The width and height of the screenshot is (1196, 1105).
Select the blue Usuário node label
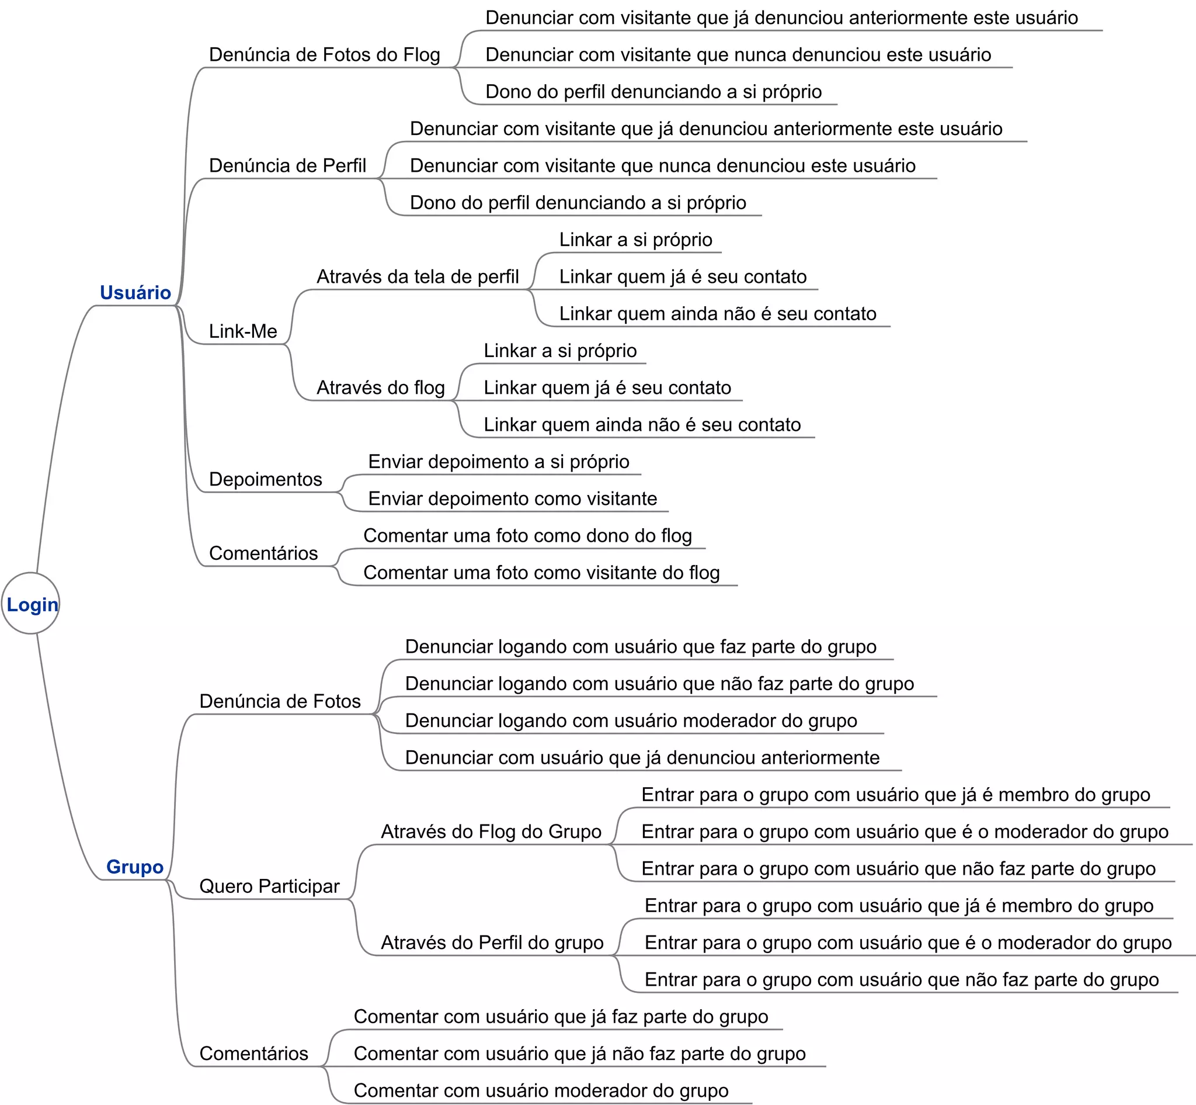pos(135,292)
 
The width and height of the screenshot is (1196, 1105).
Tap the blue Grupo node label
pos(134,867)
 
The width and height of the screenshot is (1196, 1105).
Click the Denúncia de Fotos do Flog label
pos(324,55)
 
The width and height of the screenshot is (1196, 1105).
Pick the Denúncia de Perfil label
pos(287,165)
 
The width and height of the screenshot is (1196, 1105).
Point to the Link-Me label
pos(243,331)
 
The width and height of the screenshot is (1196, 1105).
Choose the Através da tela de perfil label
pos(417,277)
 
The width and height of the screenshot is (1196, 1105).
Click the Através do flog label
pos(380,388)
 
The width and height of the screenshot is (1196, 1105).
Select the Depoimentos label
pos(265,479)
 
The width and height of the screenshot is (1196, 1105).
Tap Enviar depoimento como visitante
pos(512,498)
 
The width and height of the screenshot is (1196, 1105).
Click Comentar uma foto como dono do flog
pos(527,536)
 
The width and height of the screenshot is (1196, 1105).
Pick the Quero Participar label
pos(269,886)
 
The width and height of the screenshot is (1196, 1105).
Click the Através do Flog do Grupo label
pos(491,832)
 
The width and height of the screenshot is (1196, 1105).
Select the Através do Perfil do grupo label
pos(492,943)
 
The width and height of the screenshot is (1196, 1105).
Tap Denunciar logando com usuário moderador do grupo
pos(631,720)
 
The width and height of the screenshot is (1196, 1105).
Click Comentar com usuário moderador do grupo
pos(541,1090)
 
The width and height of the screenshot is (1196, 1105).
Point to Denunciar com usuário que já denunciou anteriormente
pos(642,757)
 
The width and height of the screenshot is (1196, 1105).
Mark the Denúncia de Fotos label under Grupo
pos(280,701)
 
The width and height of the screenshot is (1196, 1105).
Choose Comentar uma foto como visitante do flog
pos(541,573)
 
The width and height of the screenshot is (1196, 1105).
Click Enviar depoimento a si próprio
pos(499,462)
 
